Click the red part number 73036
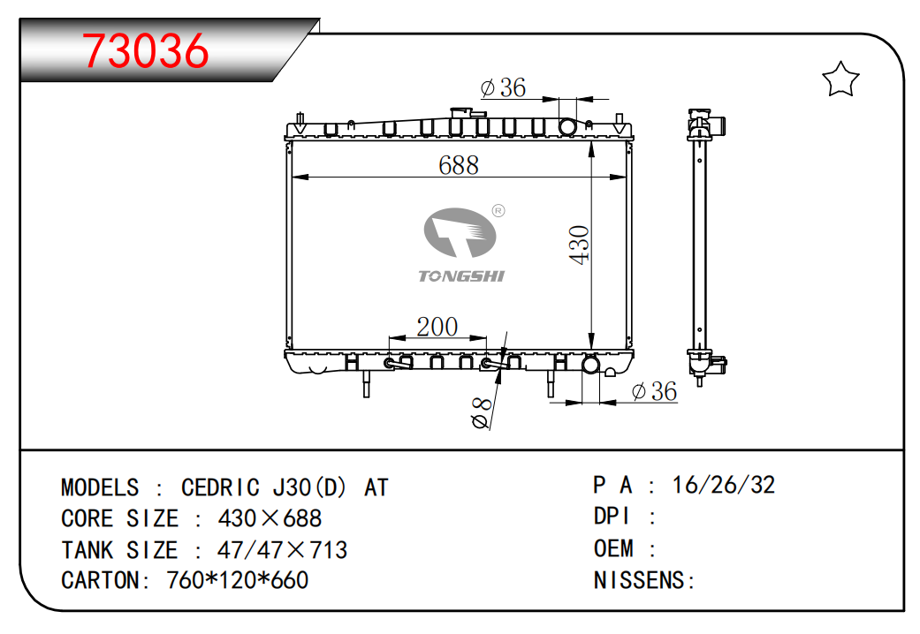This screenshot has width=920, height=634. tap(145, 51)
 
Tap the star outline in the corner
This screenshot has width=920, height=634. tap(840, 79)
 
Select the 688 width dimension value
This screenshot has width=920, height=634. tap(459, 165)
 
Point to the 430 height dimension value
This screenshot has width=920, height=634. tap(579, 245)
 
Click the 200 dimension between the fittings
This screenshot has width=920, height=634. tap(437, 327)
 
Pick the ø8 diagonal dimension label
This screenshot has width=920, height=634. tap(481, 413)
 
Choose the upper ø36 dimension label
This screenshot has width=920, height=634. tap(503, 88)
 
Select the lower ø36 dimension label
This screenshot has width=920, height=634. tap(654, 391)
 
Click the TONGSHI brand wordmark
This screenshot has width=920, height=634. tap(461, 276)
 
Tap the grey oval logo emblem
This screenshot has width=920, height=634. tap(460, 233)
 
